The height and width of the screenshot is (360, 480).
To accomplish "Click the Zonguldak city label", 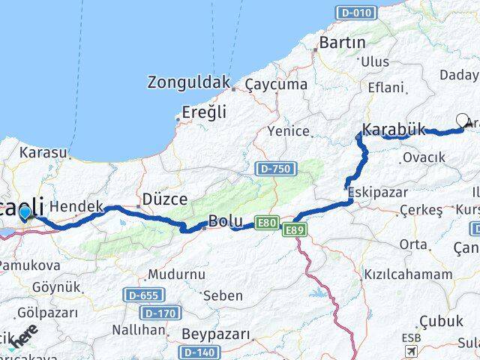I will [188, 81].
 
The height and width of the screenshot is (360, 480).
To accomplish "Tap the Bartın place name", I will [342, 43].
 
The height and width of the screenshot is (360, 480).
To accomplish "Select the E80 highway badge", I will [267, 222].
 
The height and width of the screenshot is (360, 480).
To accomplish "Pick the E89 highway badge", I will [293, 231].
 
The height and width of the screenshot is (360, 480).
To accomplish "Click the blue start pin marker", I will [25, 214].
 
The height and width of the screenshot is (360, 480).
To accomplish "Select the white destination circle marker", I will [462, 120].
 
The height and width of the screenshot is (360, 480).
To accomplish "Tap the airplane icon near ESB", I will [411, 351].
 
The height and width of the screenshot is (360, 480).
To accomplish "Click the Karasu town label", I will [43, 152].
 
